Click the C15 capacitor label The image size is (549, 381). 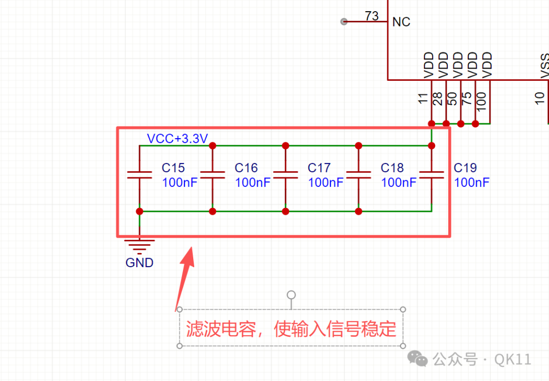173,168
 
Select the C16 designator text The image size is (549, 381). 246,168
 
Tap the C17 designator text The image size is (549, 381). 319,168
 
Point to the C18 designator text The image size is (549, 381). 392,168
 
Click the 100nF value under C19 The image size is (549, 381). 472,182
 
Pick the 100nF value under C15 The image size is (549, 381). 180,182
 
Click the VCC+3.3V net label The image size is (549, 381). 177,139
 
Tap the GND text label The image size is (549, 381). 139,263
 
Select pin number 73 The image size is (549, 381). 372,16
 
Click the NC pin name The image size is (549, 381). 401,22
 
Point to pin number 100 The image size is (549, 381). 482,102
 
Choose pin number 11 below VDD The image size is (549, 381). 423,99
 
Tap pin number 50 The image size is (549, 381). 452,99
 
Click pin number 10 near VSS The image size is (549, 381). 540,99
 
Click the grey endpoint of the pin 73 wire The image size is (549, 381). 344,22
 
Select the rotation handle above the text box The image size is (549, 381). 291,295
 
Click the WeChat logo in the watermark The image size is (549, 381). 417,359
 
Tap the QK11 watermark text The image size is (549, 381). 512,359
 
